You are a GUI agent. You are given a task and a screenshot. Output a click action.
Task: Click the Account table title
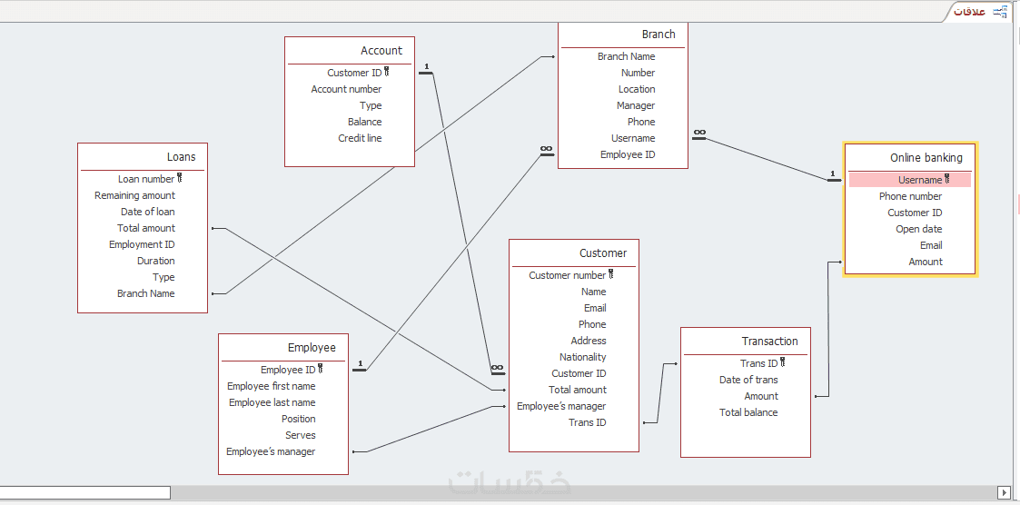(381, 51)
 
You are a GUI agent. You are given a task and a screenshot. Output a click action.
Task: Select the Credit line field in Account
(360, 138)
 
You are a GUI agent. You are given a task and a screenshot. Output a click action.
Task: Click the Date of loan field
(147, 212)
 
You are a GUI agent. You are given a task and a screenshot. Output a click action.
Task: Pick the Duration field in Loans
(155, 261)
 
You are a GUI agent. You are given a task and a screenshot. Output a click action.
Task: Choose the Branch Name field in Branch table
(626, 56)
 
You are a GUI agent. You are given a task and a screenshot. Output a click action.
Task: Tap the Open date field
(918, 229)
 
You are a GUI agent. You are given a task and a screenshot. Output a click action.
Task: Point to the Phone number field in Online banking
(910, 196)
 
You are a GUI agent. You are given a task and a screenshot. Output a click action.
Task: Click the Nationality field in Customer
(582, 357)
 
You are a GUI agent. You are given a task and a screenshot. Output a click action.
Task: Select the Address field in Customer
(588, 341)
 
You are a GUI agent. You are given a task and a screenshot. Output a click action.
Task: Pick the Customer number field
(567, 275)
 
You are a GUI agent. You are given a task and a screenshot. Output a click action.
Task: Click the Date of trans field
(748, 380)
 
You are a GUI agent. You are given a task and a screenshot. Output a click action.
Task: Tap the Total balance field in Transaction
(748, 412)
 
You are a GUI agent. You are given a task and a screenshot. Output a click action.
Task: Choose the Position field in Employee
(298, 419)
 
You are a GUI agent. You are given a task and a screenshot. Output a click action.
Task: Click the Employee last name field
(272, 402)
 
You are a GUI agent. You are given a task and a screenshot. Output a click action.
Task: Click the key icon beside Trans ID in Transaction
(783, 362)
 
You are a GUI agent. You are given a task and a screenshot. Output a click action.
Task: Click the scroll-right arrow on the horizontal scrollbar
(1004, 492)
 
